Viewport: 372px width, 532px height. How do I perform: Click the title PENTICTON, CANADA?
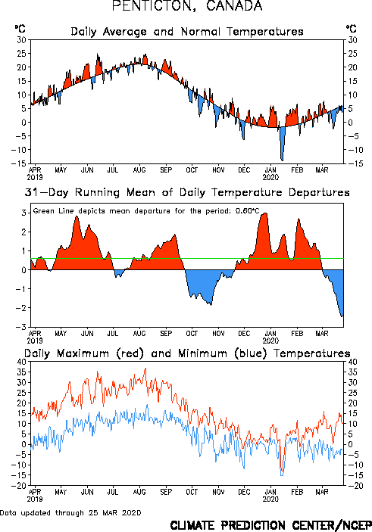tap(187, 5)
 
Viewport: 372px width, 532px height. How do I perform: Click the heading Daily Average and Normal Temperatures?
tap(187, 32)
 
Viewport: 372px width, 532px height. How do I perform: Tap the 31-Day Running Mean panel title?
tap(187, 192)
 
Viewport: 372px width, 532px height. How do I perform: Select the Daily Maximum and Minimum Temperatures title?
tap(187, 353)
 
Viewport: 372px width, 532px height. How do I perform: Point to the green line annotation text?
tap(146, 211)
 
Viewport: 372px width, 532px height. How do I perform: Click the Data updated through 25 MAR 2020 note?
tap(70, 512)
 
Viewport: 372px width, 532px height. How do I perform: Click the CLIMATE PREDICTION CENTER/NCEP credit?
tap(270, 525)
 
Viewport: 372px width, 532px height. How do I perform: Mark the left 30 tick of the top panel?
tap(21, 40)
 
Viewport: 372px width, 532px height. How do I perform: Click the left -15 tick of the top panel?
tap(19, 163)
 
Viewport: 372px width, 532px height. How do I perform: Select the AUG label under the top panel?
tap(139, 170)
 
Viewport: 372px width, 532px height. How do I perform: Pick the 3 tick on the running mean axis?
tap(23, 213)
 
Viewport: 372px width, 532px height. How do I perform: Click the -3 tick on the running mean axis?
tap(21, 327)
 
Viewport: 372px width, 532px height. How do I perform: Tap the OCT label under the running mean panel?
tap(192, 334)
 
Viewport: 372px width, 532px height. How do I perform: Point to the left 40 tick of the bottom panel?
tap(21, 362)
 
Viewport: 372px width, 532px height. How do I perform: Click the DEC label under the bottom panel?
tap(244, 492)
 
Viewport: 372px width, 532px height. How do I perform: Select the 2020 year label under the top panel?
tap(270, 177)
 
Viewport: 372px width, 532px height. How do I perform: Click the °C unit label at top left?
tap(20, 29)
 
